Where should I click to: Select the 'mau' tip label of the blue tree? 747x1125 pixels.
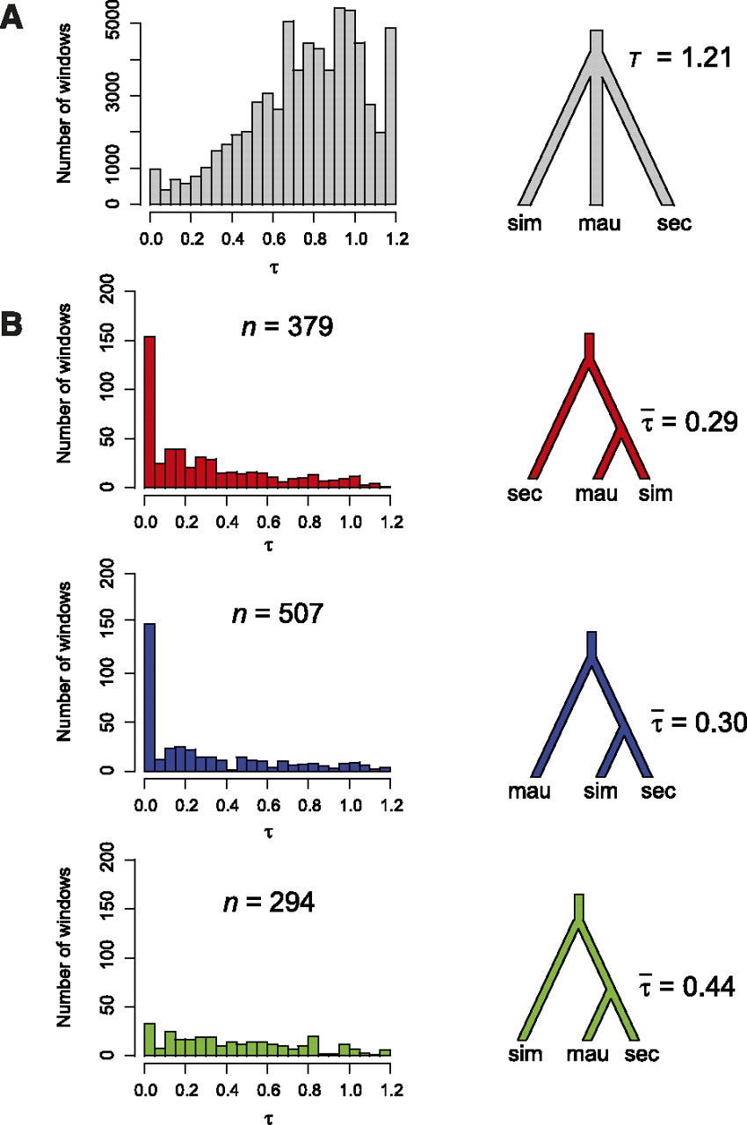click(530, 792)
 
